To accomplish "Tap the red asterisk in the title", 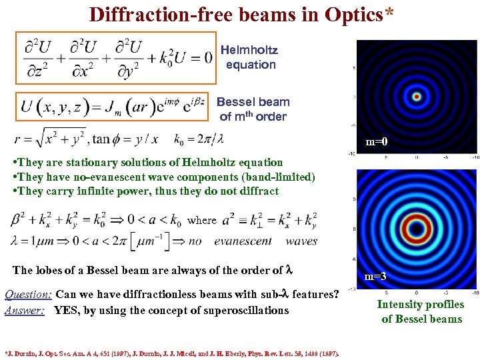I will coord(388,13).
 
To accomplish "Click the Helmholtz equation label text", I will coord(250,57).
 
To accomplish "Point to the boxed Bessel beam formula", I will coord(114,107).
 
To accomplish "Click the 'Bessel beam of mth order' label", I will coord(253,109).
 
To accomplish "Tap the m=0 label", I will coord(376,142).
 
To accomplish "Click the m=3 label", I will coord(376,276).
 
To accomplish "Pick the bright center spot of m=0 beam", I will coord(417,97).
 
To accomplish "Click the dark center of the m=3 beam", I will coord(417,229).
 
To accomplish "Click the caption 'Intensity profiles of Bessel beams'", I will coord(421,311).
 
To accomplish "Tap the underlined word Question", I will coord(28,294).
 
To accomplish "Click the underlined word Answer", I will coord(24,310).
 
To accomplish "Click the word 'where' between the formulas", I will coord(202,220).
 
